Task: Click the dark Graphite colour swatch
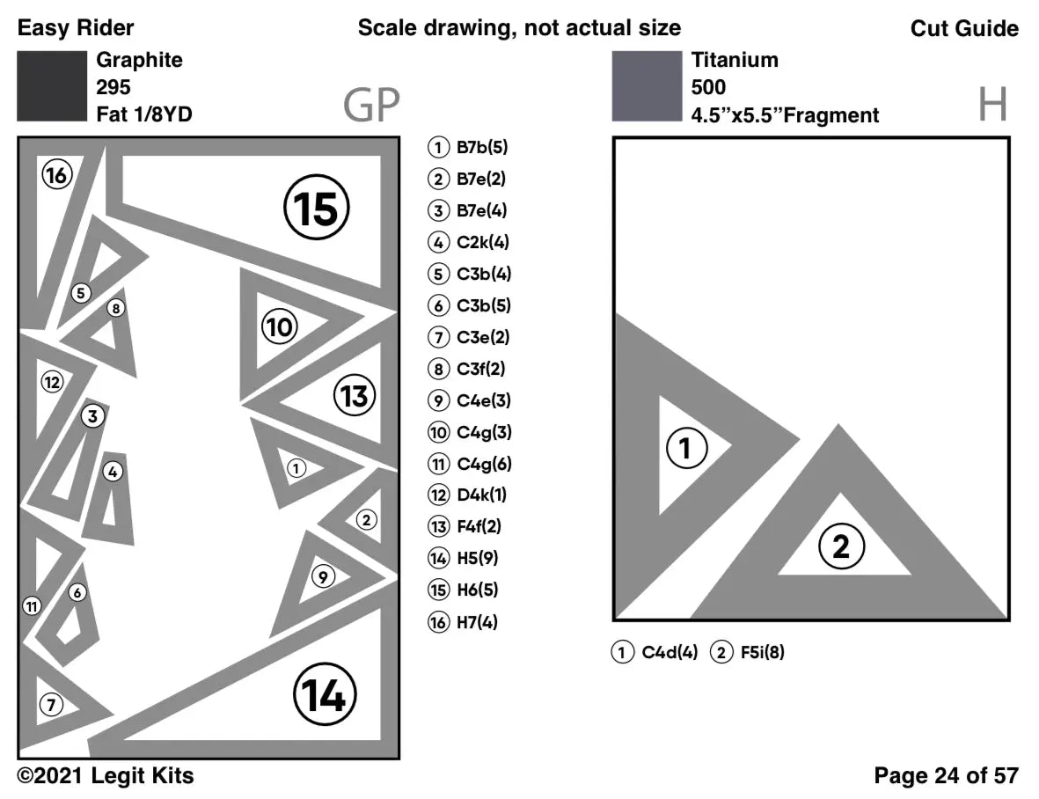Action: coord(52,86)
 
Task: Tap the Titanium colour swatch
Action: coord(647,86)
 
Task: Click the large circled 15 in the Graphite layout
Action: coord(316,209)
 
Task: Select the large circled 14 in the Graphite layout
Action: coord(325,695)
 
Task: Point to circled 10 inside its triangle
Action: coord(280,328)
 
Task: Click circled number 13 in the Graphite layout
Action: coord(355,396)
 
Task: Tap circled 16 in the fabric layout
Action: coord(56,175)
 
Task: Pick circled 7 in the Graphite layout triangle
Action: coord(51,704)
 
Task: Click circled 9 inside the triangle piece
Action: coord(324,577)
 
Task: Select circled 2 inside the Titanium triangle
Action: coord(841,546)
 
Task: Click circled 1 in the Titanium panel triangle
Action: coord(686,450)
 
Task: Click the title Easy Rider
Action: coord(76,28)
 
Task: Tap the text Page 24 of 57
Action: coord(946,775)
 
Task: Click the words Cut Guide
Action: coord(964,28)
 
